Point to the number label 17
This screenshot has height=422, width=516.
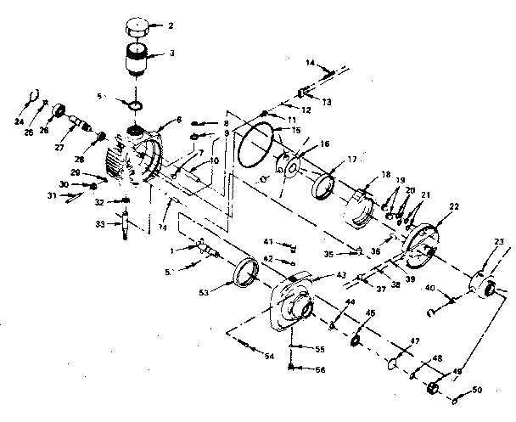tap(351, 160)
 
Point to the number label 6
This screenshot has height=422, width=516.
tap(178, 121)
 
